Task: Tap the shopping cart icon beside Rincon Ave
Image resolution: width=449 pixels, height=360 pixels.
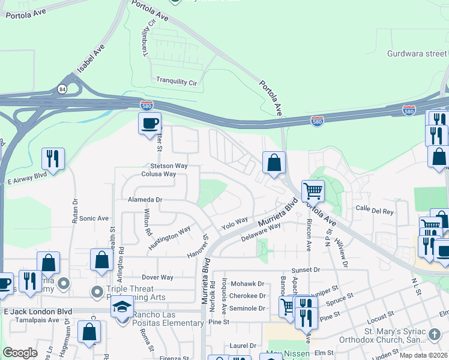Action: click(313, 191)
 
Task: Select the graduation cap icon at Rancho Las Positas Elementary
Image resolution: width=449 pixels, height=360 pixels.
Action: click(122, 307)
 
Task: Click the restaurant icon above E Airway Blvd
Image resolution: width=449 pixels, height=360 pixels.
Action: click(53, 158)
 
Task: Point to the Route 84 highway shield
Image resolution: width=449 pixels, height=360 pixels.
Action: click(62, 89)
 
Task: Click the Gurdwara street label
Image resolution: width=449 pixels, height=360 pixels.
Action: click(417, 53)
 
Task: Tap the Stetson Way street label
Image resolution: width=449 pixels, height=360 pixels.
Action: click(164, 166)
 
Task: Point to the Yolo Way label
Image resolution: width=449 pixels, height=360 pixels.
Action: click(234, 224)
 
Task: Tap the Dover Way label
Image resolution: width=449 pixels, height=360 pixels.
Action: click(157, 277)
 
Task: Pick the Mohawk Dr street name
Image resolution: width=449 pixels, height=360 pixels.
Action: click(249, 284)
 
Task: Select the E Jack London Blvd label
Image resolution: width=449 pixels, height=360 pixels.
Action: click(38, 311)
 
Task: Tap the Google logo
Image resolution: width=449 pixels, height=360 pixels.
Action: click(20, 353)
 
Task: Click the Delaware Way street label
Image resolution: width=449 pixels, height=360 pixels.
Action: click(261, 231)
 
